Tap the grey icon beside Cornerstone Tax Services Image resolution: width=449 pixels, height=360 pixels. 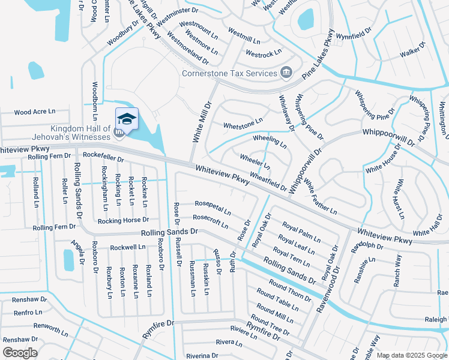tap(286, 73)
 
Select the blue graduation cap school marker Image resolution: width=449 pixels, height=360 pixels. tap(127, 118)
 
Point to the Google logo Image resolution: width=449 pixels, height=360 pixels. tap(20, 353)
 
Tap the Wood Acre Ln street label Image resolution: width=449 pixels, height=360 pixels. tap(34, 112)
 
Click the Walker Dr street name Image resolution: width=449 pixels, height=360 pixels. tap(413, 53)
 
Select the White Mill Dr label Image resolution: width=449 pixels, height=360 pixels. tap(202, 122)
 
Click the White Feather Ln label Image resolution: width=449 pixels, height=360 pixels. tap(320, 196)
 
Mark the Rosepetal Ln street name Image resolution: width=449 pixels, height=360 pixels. tap(212, 207)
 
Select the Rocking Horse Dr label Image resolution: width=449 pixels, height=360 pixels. tap(123, 220)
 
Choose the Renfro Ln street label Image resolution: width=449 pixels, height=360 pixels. tap(28, 313)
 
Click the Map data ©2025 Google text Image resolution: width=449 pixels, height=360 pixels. tap(411, 355)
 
